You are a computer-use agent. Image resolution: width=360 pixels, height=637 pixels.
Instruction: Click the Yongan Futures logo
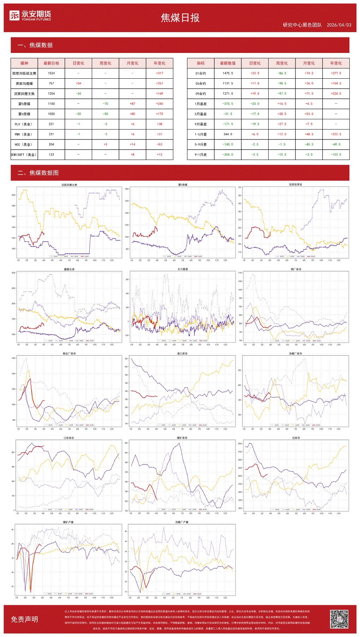[30, 16]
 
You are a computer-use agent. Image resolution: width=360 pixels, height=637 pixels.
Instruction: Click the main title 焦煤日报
[180, 18]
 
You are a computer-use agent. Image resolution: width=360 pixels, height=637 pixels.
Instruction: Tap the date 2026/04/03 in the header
[339, 25]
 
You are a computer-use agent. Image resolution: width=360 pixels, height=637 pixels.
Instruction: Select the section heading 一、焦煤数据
[35, 45]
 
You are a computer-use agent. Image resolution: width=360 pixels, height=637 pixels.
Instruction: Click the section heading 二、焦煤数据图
[38, 173]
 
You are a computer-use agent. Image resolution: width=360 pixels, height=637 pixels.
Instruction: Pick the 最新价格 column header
[51, 63]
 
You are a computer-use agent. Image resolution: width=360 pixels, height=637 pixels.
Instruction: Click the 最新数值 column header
[228, 63]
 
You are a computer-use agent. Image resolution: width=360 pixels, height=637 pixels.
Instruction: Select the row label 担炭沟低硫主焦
[24, 73]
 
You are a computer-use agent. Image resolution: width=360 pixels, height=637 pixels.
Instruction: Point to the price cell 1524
[51, 73]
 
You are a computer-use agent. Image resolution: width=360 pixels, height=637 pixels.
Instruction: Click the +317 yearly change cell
[160, 73]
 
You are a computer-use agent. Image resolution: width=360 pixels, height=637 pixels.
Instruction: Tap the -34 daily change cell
[78, 94]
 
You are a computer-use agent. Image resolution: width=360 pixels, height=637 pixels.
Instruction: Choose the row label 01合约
[200, 73]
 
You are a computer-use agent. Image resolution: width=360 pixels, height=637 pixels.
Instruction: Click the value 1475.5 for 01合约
[228, 73]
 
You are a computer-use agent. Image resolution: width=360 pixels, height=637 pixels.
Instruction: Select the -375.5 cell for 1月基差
[228, 104]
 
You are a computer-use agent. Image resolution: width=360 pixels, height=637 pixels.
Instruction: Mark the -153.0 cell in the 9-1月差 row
[336, 155]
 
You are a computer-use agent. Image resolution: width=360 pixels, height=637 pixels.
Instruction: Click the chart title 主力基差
[182, 269]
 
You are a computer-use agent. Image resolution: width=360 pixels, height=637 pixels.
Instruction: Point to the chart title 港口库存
[182, 354]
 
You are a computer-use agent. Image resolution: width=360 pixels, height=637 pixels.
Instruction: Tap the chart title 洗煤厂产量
[182, 522]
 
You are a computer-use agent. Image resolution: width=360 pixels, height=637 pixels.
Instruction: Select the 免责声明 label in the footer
[24, 619]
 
